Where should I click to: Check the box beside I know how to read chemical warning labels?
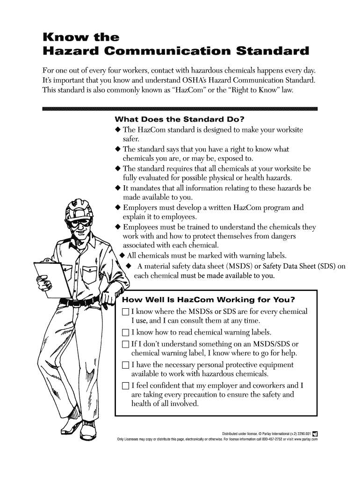coord(124,334)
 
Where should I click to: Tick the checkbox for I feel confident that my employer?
coord(124,386)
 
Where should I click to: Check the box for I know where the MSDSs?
coord(124,312)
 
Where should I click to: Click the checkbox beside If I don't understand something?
coord(124,344)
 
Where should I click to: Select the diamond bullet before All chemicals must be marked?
coord(122,255)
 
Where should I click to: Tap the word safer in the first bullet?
coord(129,139)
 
